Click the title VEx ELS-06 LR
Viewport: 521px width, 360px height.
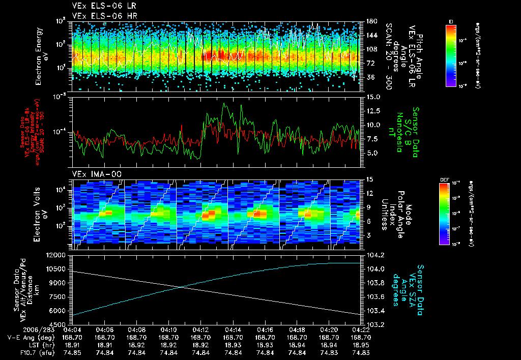pyautogui.click(x=101, y=6)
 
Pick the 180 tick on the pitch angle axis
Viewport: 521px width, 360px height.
pyautogui.click(x=371, y=21)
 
